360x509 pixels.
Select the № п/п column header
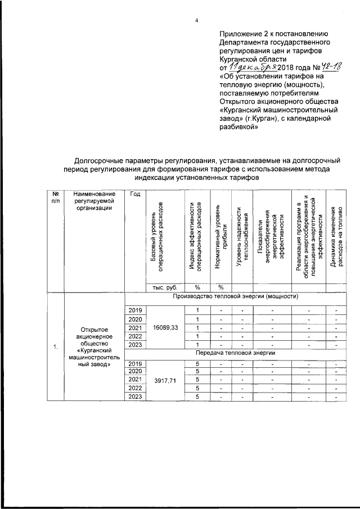tap(56, 198)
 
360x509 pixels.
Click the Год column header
tap(134, 194)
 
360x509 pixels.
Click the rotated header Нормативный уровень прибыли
tap(221, 236)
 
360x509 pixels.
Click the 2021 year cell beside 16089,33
tap(136, 328)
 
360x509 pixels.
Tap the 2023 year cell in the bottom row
tap(136, 398)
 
